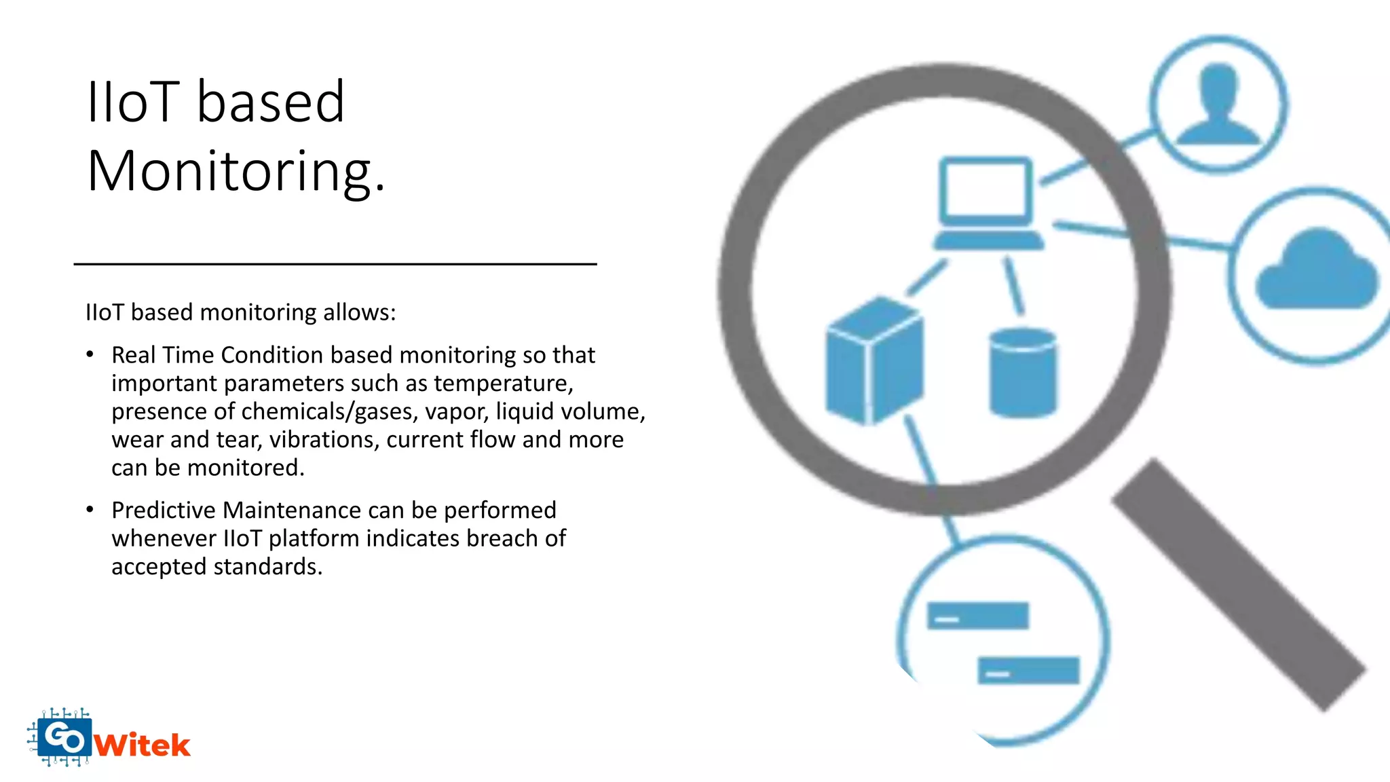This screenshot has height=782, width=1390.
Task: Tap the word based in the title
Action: (x=271, y=102)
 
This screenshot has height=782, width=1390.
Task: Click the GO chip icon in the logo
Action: (x=64, y=737)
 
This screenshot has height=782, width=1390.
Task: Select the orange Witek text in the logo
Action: (x=143, y=745)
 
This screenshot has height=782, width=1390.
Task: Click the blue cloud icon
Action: (x=1316, y=271)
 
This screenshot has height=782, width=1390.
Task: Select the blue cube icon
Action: (x=874, y=361)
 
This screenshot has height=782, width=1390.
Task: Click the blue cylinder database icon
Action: (x=1022, y=373)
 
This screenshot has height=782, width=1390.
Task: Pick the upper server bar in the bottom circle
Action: (x=977, y=616)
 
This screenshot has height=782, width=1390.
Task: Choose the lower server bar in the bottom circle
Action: (x=1028, y=670)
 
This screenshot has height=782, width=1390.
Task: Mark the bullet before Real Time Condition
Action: (x=90, y=354)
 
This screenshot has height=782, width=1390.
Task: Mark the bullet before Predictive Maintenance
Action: (x=90, y=510)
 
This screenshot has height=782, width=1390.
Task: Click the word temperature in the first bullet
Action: (x=503, y=384)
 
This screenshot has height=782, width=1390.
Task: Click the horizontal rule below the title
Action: (x=335, y=264)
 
